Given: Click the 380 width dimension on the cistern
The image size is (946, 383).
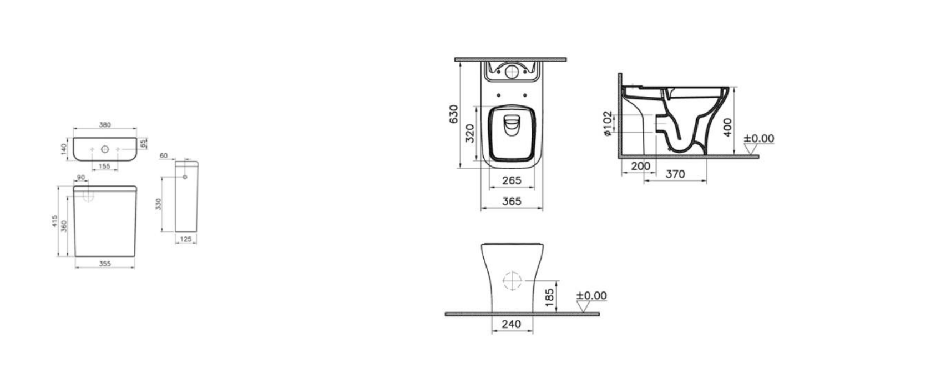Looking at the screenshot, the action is [105, 124].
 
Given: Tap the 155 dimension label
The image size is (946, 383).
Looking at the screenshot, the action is [104, 167].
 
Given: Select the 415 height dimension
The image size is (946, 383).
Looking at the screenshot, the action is [54, 221].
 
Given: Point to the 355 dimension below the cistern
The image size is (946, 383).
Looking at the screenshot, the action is [105, 264].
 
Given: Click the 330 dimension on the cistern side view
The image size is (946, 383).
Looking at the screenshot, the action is [158, 204].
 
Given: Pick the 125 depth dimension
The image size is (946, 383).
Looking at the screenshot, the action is [186, 239].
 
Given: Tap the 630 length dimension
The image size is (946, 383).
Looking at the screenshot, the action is [453, 114].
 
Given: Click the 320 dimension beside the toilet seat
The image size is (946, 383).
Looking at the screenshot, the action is [470, 133].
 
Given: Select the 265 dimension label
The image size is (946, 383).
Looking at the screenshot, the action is [512, 181].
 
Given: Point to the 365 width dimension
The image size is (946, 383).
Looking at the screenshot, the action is [512, 202].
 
